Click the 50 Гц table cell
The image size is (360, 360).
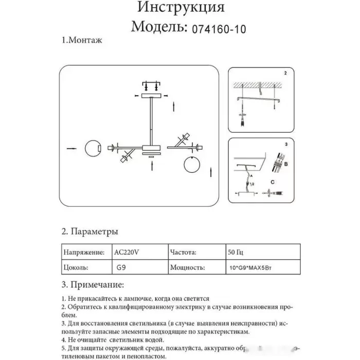click(236, 253)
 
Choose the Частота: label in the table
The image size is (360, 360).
click(183, 253)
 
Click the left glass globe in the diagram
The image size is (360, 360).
click(93, 149)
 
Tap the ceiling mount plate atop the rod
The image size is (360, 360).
click(151, 96)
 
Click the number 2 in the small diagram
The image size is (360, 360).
click(286, 74)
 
